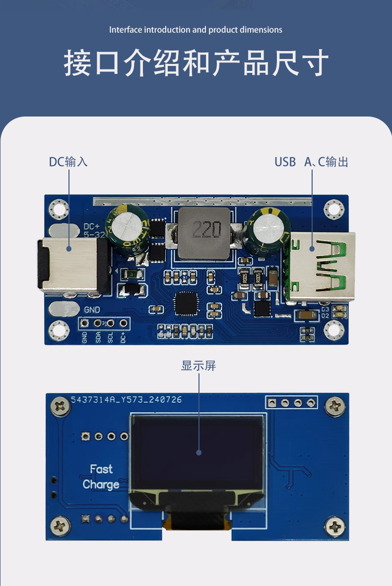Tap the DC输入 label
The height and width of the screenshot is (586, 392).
[68, 162]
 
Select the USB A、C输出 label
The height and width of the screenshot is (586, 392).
[311, 162]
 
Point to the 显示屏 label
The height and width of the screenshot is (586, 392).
[198, 366]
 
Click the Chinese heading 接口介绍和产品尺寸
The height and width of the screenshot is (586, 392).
[196, 63]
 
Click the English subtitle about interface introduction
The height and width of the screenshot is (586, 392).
[196, 30]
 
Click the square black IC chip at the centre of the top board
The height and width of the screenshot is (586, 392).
[187, 303]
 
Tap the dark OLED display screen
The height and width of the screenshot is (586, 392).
[196, 452]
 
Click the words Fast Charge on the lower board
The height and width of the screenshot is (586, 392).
[101, 476]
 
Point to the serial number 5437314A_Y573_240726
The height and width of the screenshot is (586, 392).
[126, 399]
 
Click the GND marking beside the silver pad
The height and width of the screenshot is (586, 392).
[92, 310]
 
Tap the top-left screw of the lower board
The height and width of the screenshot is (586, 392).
[61, 407]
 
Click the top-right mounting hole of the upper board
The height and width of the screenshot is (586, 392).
[334, 209]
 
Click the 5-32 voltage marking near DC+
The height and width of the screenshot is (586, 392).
[94, 235]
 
